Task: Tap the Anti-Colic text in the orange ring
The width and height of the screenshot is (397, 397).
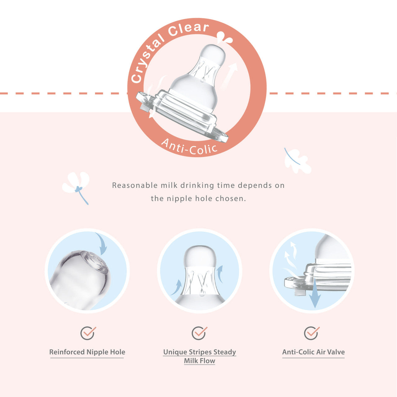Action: coord(189,147)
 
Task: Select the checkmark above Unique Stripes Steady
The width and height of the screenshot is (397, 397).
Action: coord(199,333)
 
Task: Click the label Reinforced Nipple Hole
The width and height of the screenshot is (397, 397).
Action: coord(87,352)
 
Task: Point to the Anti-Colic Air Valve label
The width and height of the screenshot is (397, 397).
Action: coord(313,352)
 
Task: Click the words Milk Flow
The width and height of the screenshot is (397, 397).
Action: coord(199,361)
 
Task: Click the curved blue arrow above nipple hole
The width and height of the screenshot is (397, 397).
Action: coord(102,243)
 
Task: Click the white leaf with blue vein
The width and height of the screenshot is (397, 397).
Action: coord(297,160)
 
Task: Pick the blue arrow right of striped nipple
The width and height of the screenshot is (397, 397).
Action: coord(220,274)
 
